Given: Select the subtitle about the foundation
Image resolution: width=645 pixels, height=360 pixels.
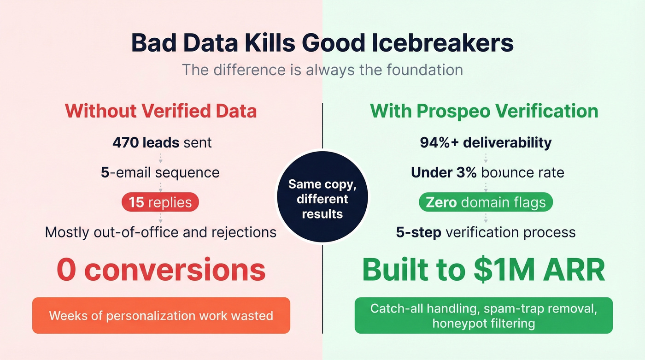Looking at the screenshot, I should click(322, 70).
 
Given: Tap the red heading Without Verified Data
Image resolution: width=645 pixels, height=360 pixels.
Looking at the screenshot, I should click(161, 111).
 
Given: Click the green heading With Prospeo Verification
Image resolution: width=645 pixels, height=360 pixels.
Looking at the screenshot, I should click(484, 111).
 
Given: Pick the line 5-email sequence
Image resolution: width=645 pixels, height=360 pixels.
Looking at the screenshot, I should click(160, 172).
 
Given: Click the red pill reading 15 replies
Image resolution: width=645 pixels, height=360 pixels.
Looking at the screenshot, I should click(160, 202).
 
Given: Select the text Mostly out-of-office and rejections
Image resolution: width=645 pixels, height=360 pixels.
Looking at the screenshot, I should click(161, 232).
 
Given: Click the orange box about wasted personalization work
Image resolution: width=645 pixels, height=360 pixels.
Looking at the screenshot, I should click(161, 316).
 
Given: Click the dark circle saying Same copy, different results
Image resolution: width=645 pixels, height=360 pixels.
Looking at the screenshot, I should click(322, 199).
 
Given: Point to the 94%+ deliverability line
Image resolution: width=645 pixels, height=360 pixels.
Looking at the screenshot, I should click(486, 142).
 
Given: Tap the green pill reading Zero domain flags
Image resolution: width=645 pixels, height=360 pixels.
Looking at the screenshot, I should click(486, 202).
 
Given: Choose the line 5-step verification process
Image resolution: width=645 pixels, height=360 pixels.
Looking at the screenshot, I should click(486, 232).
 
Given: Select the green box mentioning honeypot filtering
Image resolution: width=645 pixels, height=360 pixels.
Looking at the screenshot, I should click(484, 316).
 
